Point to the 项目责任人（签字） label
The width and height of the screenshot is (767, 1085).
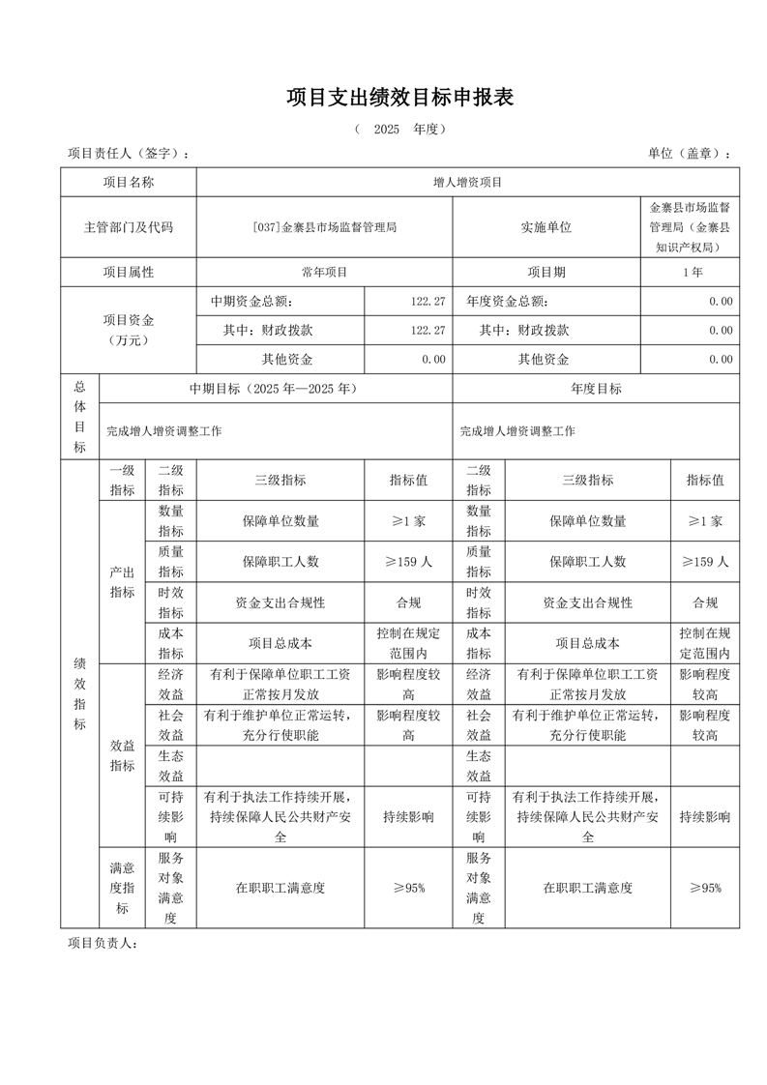[128, 154]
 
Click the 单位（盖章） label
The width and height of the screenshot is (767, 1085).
[689, 154]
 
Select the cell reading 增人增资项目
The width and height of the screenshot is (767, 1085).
[468, 182]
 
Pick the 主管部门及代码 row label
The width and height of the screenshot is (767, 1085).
[129, 227]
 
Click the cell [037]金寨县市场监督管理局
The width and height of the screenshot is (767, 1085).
[324, 227]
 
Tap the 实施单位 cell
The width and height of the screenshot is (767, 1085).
[546, 227]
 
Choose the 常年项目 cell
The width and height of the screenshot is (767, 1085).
[324, 272]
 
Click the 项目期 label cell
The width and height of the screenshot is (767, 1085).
[546, 272]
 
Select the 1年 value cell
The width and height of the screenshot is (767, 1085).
[692, 272]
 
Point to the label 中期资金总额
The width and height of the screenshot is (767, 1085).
[251, 302]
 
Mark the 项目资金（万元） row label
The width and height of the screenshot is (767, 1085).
[129, 330]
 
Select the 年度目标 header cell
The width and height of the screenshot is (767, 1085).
[596, 389]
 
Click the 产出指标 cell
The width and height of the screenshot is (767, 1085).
[122, 581]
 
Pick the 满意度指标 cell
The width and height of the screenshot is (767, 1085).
[122, 888]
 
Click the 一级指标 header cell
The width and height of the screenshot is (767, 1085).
[122, 480]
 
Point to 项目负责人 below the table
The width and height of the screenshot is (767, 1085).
[103, 944]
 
